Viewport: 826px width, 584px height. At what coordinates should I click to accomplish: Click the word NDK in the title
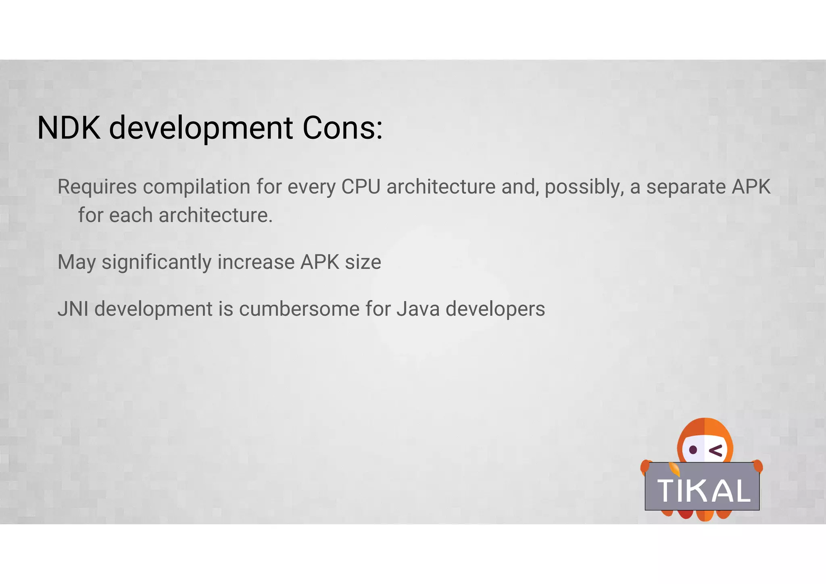tap(69, 128)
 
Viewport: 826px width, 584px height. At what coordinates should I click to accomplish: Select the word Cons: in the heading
tap(342, 128)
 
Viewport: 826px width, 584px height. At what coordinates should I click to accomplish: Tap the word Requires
tap(97, 187)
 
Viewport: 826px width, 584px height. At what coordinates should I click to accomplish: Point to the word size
tap(363, 262)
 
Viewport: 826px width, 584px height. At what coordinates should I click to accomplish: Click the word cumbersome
tap(299, 309)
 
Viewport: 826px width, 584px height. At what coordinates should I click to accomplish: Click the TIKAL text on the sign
tap(704, 491)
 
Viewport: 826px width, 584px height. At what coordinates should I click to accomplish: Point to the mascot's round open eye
tap(693, 450)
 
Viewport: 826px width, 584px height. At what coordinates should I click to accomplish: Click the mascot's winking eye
tap(716, 451)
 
